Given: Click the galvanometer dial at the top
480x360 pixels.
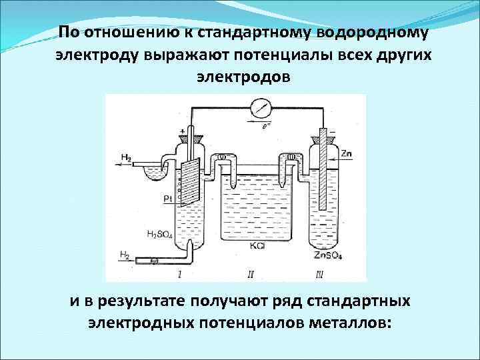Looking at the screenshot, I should (x=259, y=107).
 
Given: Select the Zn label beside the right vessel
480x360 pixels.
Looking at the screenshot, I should (x=346, y=154).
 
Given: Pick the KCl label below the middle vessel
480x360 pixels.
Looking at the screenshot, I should (x=257, y=247).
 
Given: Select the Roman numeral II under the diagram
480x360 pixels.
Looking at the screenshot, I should (x=251, y=274).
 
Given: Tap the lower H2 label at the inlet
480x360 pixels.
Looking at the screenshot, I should (x=124, y=254).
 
